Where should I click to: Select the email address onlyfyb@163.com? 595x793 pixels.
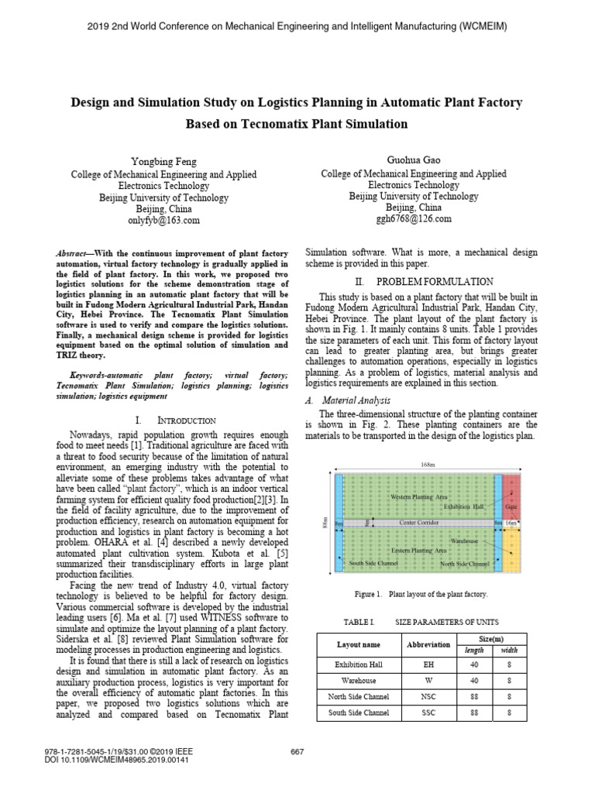[164, 220]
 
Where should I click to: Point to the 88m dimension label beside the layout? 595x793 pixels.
[325, 524]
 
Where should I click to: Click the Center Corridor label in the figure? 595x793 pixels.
[418, 524]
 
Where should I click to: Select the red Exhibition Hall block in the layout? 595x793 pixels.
[511, 495]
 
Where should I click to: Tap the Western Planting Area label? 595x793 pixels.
[418, 496]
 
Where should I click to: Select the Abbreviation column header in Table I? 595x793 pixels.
[428, 644]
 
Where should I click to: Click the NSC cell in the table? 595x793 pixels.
[428, 696]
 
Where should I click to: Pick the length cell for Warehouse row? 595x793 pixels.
[473, 681]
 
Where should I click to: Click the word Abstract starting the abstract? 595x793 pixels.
[76, 254]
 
